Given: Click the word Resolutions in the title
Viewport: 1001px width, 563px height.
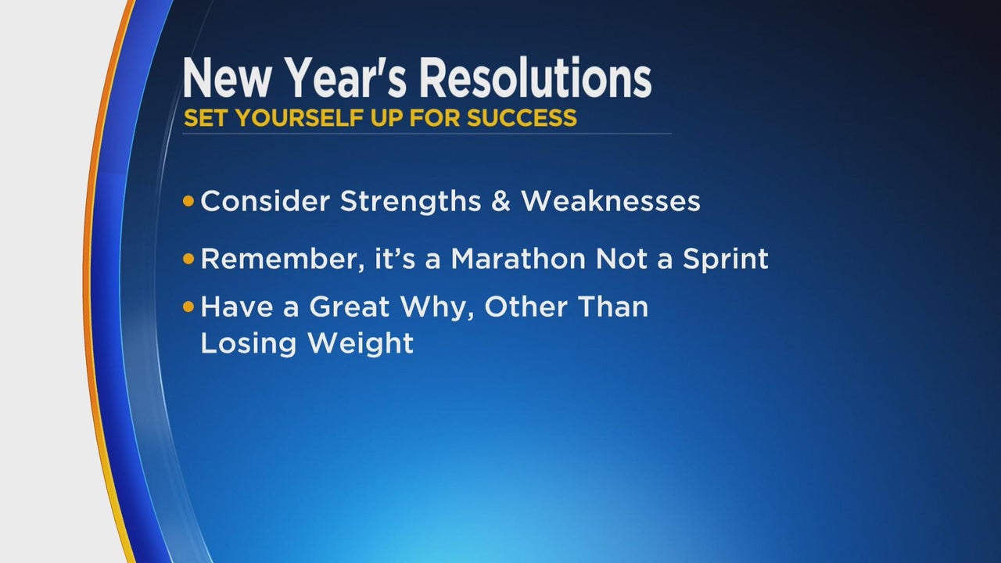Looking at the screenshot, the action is pyautogui.click(x=534, y=77).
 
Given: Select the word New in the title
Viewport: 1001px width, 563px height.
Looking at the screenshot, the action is pyautogui.click(x=227, y=77).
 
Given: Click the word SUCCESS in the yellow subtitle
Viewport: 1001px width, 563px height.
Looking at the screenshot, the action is pyautogui.click(x=522, y=118).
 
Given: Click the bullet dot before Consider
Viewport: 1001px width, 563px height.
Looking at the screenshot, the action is pyautogui.click(x=188, y=201).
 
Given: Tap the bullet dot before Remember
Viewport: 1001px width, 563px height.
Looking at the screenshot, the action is pyautogui.click(x=188, y=259).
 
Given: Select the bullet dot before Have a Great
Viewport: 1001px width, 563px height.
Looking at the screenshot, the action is pyautogui.click(x=188, y=307).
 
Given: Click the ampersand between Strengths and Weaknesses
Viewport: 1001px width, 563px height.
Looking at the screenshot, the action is pyautogui.click(x=500, y=201).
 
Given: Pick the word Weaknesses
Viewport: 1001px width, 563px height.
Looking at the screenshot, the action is pyautogui.click(x=611, y=201).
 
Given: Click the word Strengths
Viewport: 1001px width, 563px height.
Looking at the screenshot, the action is pyautogui.click(x=411, y=202).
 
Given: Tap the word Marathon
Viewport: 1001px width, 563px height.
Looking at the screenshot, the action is pyautogui.click(x=518, y=258).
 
